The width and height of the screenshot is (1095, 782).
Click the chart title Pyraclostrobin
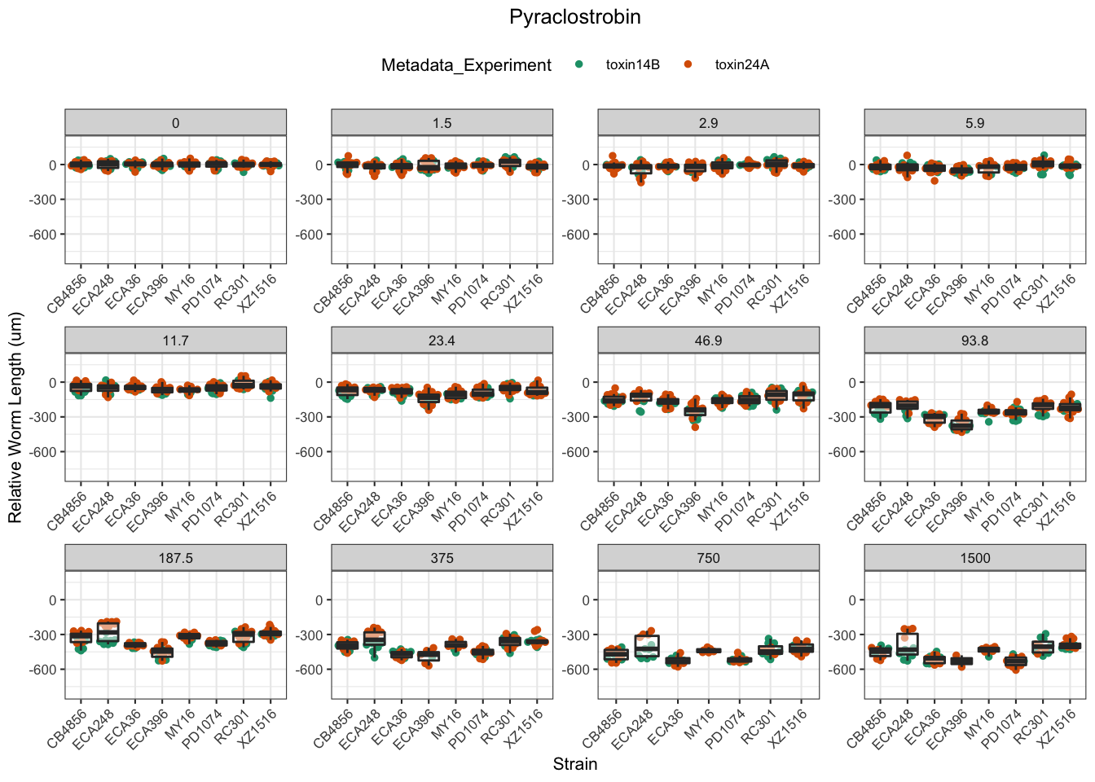pyautogui.click(x=574, y=17)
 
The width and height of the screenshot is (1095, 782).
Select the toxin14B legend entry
pyautogui.click(x=632, y=65)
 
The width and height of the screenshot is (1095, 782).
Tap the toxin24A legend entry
pyautogui.click(x=741, y=65)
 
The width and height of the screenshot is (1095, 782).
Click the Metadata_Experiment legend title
pyautogui.click(x=466, y=65)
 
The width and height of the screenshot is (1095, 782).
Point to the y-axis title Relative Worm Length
pyautogui.click(x=15, y=418)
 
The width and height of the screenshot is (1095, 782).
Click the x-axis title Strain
pyautogui.click(x=574, y=764)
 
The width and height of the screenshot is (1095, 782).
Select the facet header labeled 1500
pyautogui.click(x=974, y=558)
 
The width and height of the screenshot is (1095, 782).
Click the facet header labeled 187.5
pyautogui.click(x=175, y=558)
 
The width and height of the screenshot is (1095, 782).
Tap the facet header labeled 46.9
pyautogui.click(x=708, y=340)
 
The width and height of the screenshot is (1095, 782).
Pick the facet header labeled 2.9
pyautogui.click(x=708, y=123)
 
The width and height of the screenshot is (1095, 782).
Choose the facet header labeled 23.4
pyautogui.click(x=442, y=340)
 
